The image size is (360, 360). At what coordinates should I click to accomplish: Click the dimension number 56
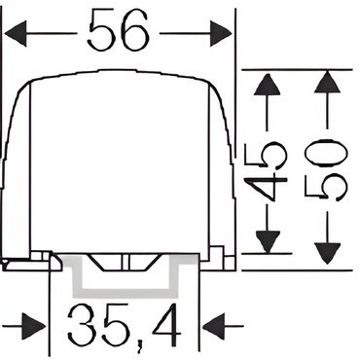119,30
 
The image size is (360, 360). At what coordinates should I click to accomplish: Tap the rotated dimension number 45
266,171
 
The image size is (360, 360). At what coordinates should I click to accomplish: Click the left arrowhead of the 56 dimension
16,33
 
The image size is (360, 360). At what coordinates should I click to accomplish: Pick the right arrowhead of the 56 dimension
221,33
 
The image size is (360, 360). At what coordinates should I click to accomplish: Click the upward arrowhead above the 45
267,85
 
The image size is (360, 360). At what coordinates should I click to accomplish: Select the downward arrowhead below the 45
268,241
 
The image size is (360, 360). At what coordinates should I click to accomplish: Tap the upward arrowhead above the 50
327,83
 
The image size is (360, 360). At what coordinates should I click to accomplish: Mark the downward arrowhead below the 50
328,254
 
